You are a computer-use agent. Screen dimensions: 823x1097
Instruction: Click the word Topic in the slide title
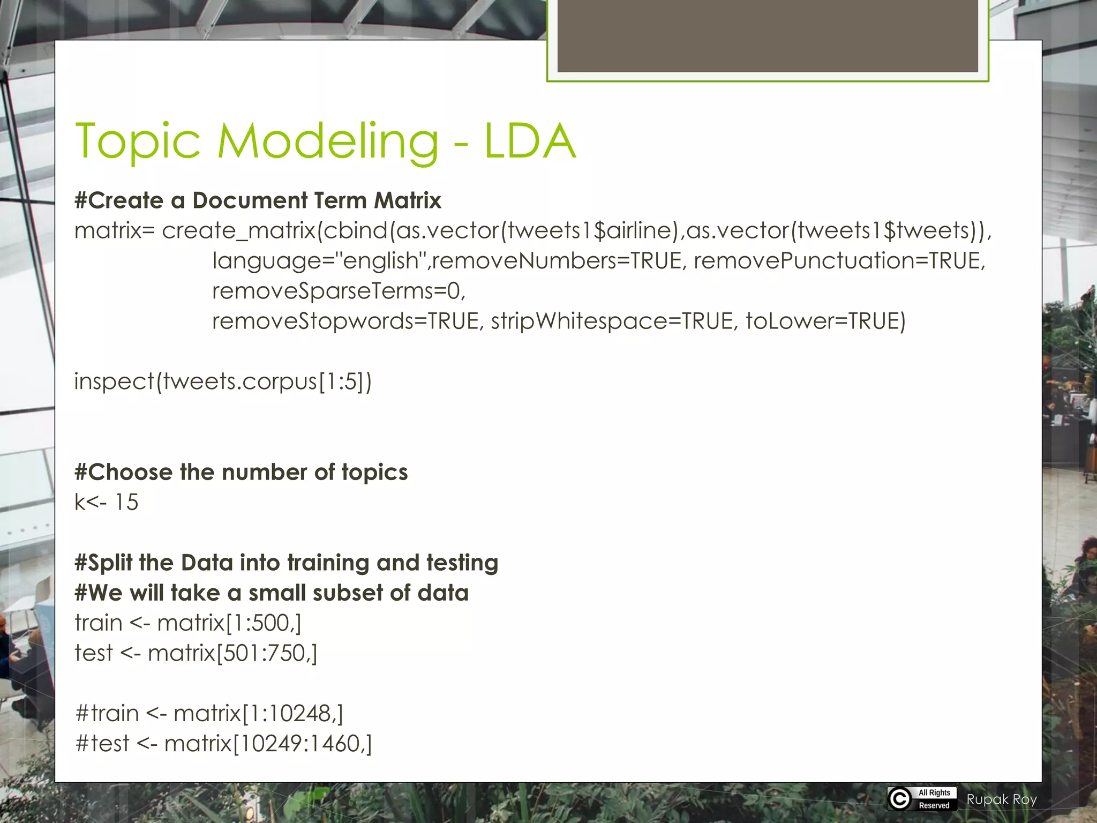click(138, 142)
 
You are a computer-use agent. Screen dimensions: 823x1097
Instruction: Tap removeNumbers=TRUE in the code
click(557, 261)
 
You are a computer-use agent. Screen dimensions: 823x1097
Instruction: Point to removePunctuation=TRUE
click(839, 261)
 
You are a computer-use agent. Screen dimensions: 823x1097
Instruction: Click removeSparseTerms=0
click(339, 291)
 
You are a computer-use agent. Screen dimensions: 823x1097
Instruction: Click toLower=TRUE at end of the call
click(825, 321)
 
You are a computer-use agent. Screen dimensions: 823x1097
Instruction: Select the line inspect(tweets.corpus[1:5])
click(223, 381)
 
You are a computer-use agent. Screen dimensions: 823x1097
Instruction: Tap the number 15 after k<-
click(126, 503)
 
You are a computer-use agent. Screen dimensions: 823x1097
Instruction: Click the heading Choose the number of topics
click(241, 472)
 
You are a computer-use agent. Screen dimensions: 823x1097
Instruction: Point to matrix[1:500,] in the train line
click(229, 623)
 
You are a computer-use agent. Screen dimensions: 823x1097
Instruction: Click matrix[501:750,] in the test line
click(232, 653)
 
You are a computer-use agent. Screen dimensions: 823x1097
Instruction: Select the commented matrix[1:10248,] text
click(258, 714)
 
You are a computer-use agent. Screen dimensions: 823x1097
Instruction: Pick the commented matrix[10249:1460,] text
click(268, 744)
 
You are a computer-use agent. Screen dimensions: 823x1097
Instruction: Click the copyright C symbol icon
click(900, 799)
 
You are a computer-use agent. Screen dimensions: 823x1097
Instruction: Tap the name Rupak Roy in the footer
click(1001, 799)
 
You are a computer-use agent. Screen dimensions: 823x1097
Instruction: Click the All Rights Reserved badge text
click(934, 799)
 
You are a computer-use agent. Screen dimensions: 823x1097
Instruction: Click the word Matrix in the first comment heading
click(407, 200)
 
